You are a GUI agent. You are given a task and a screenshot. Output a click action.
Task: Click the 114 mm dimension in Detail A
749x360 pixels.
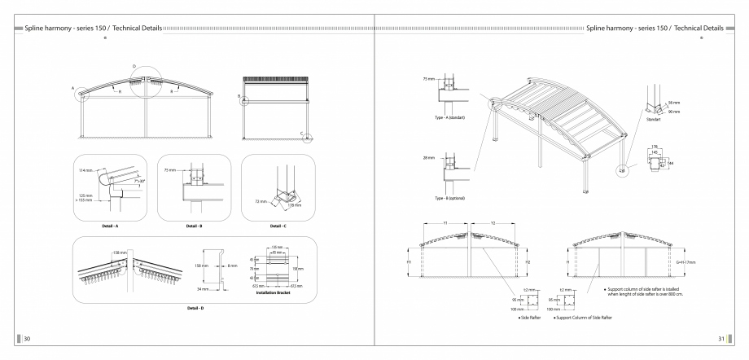click(x=84, y=170)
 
